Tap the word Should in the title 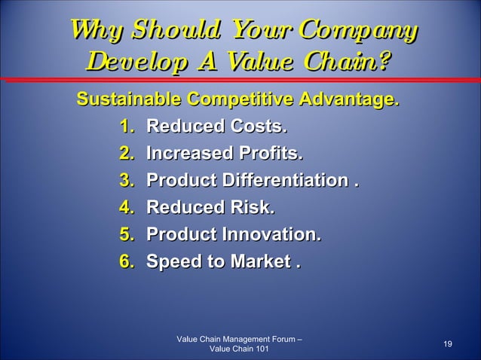[166, 31]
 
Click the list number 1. [126, 126]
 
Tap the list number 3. [126, 182]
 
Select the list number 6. [126, 261]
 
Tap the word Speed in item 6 [171, 262]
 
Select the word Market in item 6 [255, 262]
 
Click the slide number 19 [448, 344]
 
